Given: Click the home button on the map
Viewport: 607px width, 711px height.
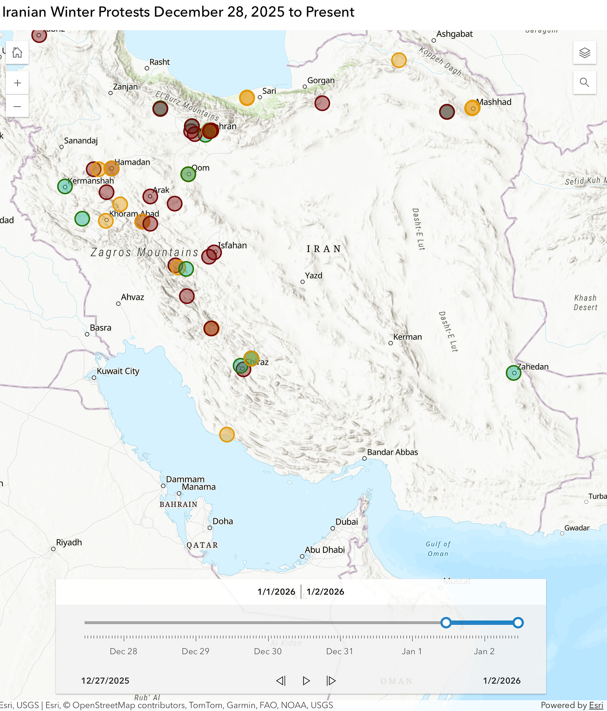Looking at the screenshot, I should coord(17,53).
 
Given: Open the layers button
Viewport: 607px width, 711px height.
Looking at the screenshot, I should coord(584,53).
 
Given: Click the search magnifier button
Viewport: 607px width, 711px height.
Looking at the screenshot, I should coord(584,83).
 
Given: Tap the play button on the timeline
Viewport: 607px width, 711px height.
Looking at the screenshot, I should coord(306,681).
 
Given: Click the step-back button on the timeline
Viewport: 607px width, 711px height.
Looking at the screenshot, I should coord(281,681).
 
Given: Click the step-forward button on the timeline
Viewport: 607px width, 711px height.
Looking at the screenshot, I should coord(331,681).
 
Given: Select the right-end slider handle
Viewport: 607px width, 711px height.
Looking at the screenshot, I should coord(518,623).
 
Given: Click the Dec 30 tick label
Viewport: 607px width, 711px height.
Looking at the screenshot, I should coord(268,651).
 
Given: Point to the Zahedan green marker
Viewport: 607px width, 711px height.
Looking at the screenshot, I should coord(513,373).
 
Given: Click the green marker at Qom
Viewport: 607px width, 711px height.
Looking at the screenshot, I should coord(188,174).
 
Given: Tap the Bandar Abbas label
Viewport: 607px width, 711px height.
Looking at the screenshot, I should coord(392,452).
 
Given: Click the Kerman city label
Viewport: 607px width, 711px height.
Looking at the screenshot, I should coord(407,337).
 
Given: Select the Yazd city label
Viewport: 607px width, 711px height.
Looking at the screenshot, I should coord(314,276).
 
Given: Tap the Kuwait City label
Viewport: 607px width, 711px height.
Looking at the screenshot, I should coord(118,371).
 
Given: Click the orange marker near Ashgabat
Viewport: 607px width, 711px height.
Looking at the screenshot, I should coord(399,60).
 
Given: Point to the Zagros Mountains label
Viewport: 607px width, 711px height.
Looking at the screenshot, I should coord(144,252).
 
